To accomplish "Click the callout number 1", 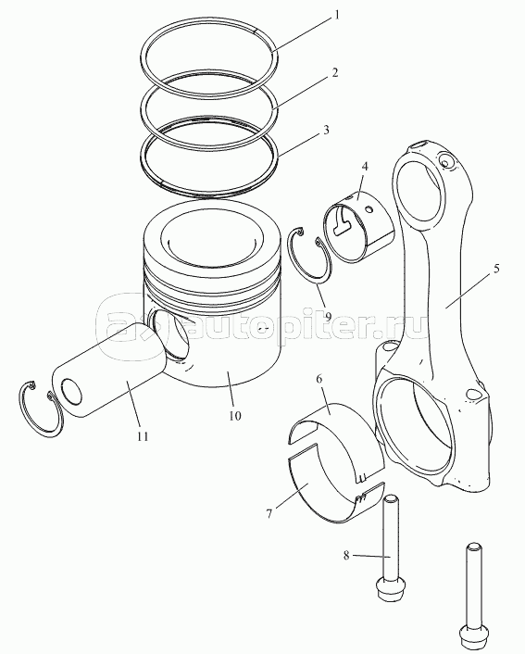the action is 336,16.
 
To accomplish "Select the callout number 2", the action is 334,72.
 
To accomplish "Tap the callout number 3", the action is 326,130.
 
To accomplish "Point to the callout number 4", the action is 365,167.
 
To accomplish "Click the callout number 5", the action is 495,269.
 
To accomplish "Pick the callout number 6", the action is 319,379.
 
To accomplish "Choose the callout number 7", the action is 269,514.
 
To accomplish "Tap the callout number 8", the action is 346,556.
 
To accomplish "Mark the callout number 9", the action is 328,317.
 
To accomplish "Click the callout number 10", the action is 235,415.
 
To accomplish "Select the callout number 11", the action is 143,436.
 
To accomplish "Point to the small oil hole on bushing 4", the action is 369,208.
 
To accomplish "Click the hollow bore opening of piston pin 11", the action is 71,391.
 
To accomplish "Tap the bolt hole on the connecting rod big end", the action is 473,394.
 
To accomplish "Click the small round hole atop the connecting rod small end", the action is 444,160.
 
